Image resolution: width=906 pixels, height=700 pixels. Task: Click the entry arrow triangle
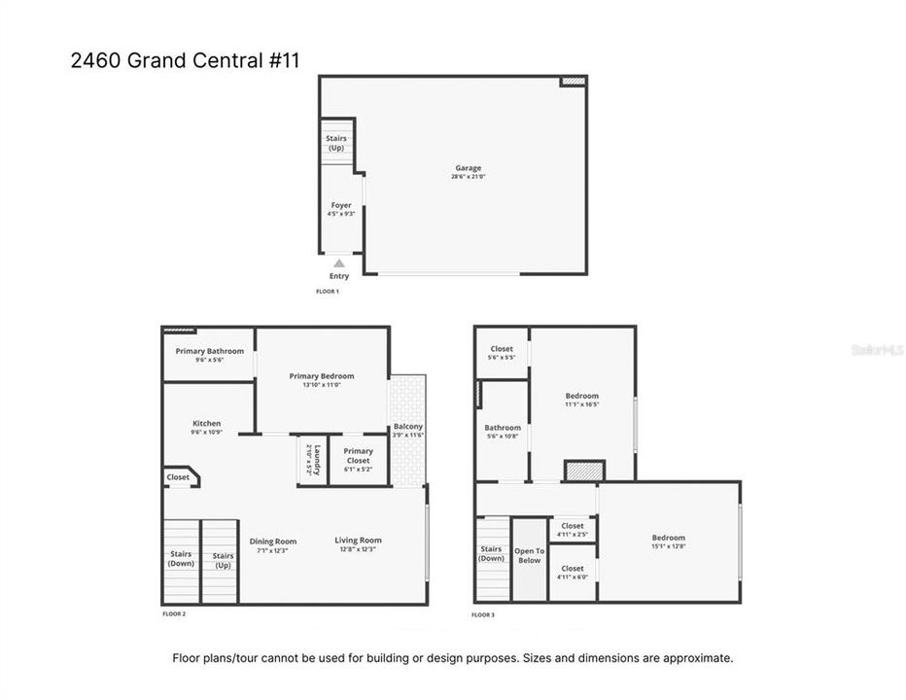coord(339,262)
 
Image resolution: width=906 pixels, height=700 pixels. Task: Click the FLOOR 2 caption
coord(174,614)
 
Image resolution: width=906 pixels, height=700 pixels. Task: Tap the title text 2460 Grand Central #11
coord(186,60)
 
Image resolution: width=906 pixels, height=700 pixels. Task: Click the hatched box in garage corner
coord(574,83)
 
